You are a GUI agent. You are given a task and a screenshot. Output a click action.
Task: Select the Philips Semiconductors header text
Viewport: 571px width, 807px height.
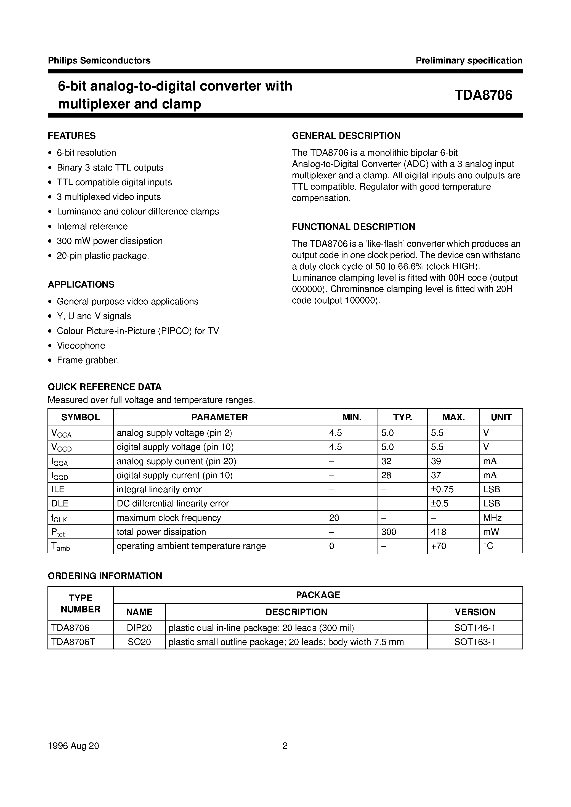99,60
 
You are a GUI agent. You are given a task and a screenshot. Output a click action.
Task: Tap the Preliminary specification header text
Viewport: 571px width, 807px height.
469,60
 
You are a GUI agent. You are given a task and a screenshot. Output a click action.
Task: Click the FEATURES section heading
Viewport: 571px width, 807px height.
72,136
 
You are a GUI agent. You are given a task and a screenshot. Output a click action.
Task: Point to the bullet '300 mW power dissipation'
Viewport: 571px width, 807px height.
110,241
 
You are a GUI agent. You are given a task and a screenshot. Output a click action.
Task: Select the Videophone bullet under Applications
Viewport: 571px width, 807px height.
81,346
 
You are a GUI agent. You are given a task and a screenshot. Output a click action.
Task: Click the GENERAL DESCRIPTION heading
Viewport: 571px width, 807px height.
346,136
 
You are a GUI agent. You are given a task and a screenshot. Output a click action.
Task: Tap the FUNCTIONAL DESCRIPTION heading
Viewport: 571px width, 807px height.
353,227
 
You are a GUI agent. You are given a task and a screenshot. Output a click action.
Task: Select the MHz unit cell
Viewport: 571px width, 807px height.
492,518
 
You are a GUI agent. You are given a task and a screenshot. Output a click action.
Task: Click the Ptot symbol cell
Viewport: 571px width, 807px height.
58,532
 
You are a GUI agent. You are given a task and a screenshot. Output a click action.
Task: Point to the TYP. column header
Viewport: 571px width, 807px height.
403,417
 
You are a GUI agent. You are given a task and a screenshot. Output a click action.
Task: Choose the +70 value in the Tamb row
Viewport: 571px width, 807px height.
439,546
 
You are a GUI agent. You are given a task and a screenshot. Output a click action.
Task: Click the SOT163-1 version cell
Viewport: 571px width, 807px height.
475,642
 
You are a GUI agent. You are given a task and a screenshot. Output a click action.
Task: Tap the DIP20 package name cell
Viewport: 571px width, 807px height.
139,628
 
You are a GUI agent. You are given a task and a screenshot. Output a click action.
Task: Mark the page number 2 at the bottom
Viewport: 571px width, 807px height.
285,746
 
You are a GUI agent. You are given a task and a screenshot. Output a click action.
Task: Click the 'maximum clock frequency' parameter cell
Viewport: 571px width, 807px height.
169,518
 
